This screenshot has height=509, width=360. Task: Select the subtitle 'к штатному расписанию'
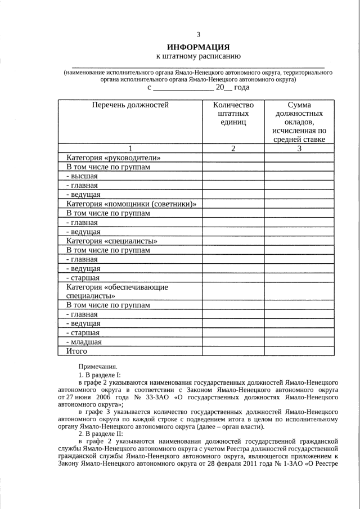pos(199,56)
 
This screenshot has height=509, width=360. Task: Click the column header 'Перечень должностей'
pos(130,105)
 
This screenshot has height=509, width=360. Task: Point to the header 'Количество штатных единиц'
pos(233,114)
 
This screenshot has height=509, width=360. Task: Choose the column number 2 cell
pos(233,148)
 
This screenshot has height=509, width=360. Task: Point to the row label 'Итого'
pos(76,351)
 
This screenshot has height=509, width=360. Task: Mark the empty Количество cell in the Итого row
pos(233,351)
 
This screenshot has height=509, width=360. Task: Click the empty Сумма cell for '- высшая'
pos(299,176)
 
